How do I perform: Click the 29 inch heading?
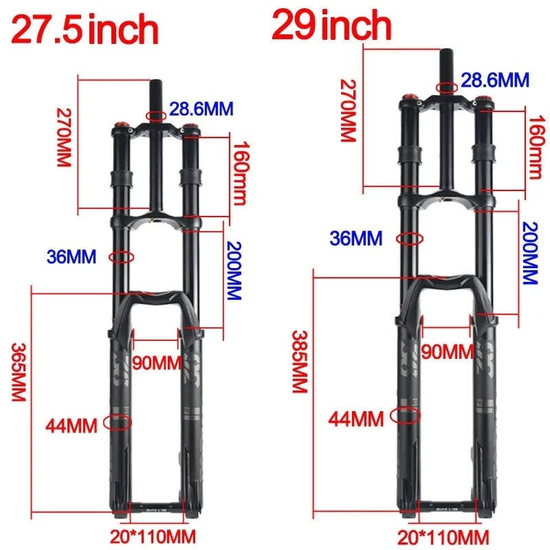331,25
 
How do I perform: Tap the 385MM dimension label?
298,362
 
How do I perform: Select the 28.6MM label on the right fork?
495,80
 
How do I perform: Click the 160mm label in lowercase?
239,175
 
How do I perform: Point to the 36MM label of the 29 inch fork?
355,239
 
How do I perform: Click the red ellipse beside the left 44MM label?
118,421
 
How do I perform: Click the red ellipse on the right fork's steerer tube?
447,87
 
